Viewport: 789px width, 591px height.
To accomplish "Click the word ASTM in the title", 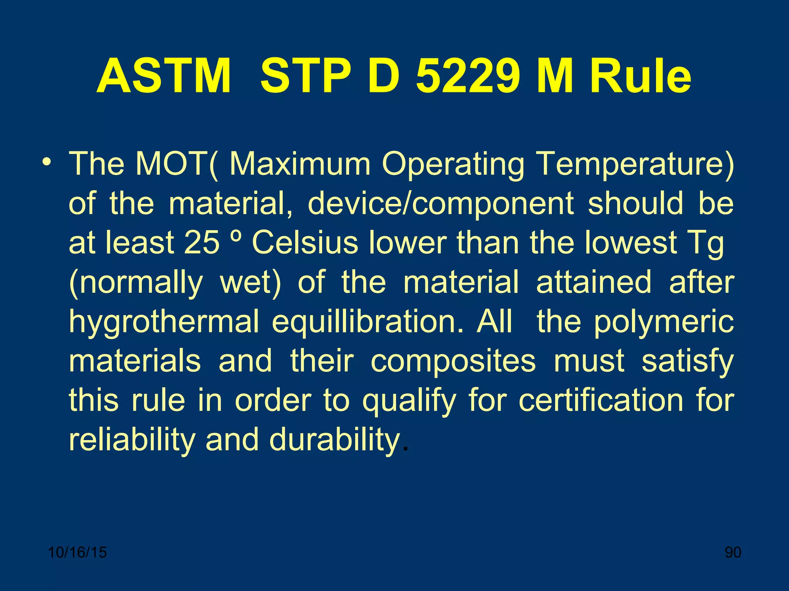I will click(x=164, y=76).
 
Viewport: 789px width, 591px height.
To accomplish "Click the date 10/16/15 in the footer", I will click(x=77, y=553).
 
